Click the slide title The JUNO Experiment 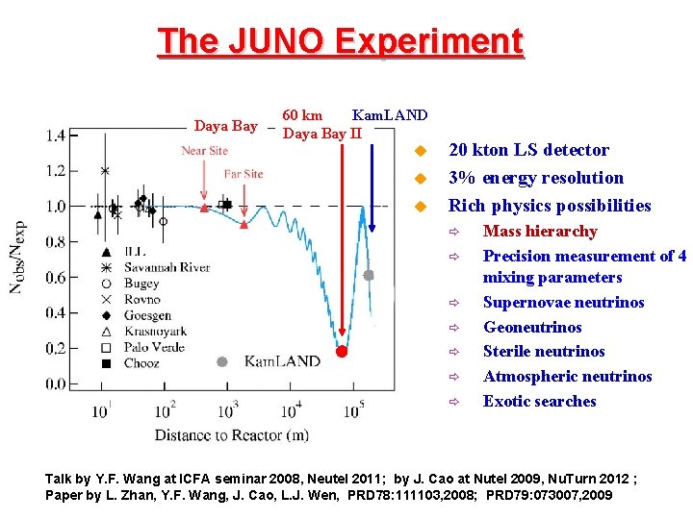pos(341,41)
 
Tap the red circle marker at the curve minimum pos(341,351)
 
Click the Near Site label pos(205,150)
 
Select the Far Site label pos(244,174)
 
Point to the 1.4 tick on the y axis pos(56,136)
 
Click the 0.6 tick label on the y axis pos(56,278)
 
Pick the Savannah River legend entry pos(167,267)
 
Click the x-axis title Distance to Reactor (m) pos(232,435)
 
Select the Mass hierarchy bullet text pos(540,232)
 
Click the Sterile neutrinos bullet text pos(544,352)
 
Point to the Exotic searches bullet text pos(539,402)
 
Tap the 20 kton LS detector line pos(528,150)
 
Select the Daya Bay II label pos(322,134)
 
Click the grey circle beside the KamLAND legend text pos(222,361)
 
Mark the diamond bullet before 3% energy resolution pos(419,179)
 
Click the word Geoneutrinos pos(532,327)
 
